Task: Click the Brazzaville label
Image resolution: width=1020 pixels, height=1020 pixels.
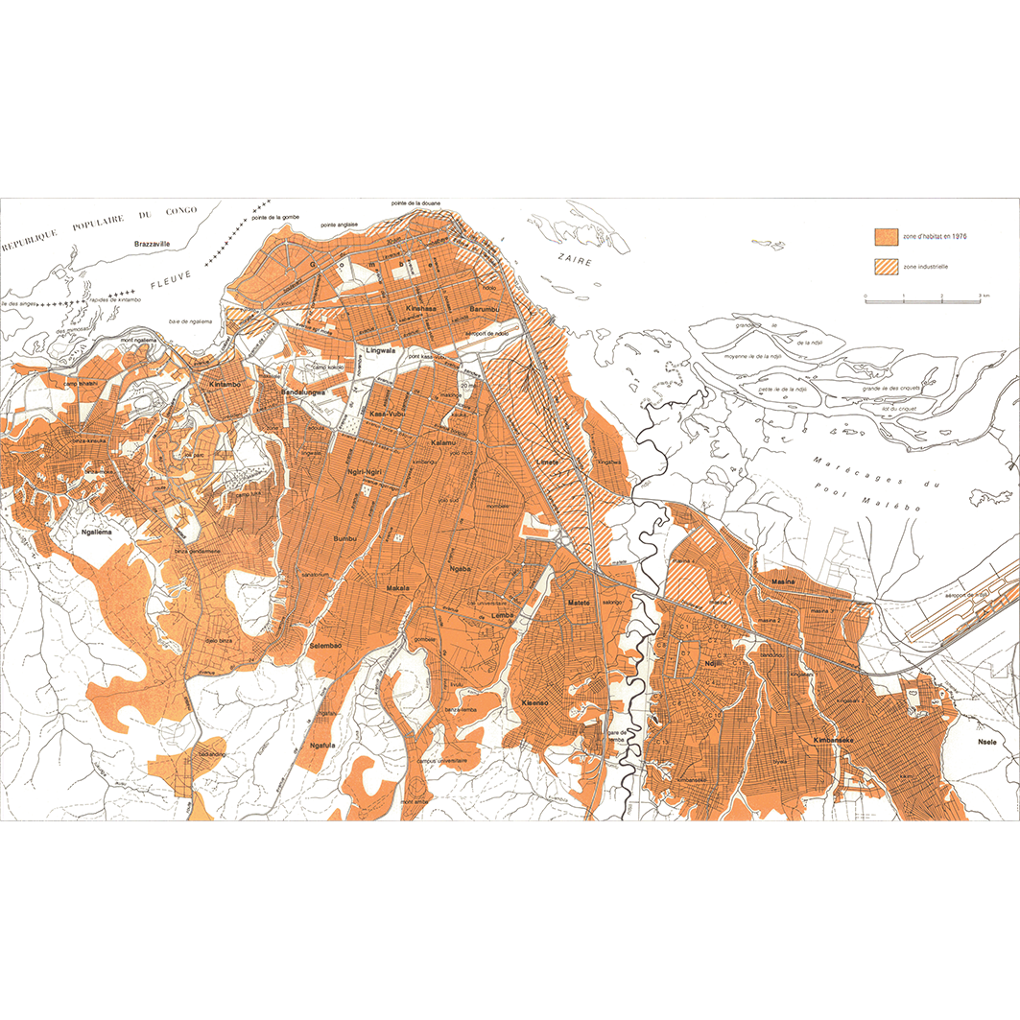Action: (153, 245)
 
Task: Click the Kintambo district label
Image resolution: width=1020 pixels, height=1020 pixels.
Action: (225, 384)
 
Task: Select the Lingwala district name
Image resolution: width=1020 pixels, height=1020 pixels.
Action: (380, 351)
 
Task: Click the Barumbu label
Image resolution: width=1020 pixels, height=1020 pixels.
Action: (486, 309)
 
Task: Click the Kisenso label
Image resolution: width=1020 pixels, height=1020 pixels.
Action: (534, 703)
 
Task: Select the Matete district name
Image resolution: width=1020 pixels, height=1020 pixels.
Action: (579, 604)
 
